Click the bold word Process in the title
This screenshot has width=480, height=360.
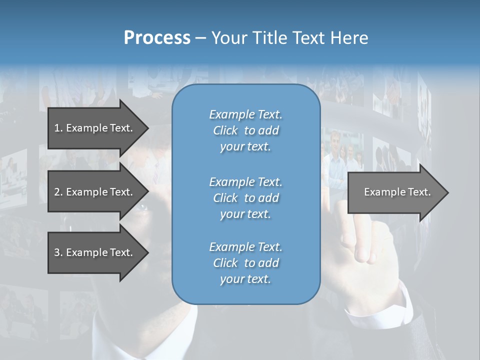click(157, 37)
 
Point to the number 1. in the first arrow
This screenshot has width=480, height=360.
click(58, 128)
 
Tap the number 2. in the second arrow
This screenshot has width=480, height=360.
click(58, 192)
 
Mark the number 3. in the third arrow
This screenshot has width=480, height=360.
click(58, 252)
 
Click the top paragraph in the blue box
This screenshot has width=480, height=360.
click(245, 130)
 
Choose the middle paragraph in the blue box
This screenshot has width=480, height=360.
click(245, 198)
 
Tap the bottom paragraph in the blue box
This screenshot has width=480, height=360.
click(245, 263)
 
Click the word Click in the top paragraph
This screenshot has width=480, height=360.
click(225, 131)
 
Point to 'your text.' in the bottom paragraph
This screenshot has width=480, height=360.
click(245, 279)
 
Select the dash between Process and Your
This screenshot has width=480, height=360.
click(200, 38)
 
